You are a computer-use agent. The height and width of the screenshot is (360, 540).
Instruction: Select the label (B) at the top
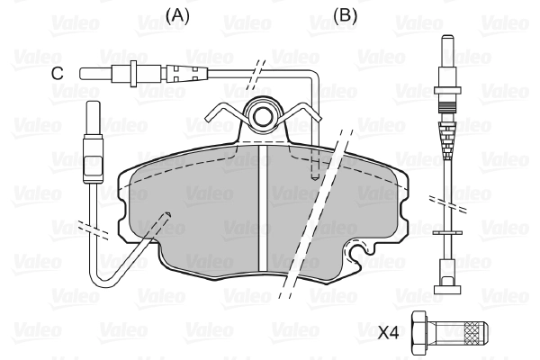[x=346, y=15]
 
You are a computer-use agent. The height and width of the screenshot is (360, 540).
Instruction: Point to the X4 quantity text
[x=388, y=333]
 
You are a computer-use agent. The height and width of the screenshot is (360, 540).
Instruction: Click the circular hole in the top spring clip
[x=264, y=115]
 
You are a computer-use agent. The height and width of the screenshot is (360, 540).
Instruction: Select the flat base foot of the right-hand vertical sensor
[x=448, y=288]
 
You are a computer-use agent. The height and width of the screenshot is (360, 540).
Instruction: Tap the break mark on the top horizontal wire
[x=256, y=70]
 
